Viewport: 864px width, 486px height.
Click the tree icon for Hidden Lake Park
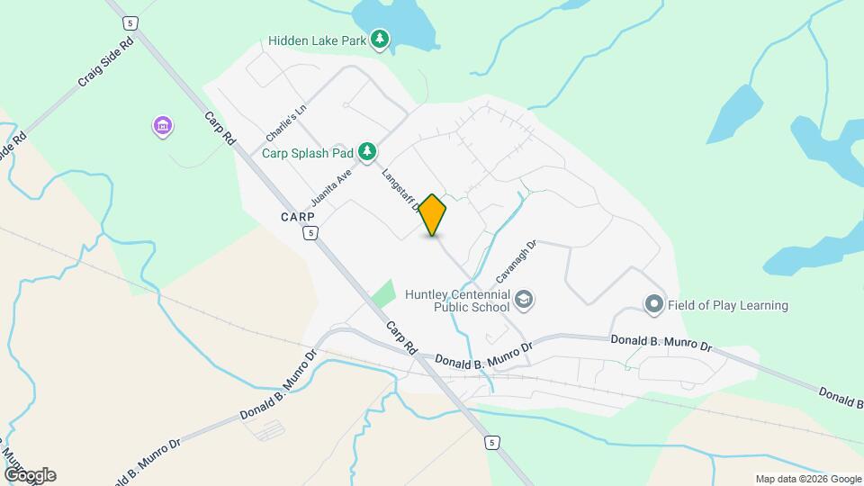(x=381, y=39)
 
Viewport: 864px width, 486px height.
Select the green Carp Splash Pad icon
(x=367, y=152)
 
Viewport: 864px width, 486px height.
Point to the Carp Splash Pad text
(x=307, y=153)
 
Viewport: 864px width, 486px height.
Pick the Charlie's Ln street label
(x=287, y=123)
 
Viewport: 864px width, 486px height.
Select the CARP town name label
(x=297, y=217)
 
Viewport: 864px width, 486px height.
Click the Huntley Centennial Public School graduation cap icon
(x=524, y=299)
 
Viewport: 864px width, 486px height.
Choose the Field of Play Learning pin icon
(x=654, y=305)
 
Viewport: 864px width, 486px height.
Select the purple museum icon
(x=162, y=127)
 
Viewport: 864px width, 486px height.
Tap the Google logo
(x=30, y=475)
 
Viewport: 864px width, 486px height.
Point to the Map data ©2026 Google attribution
(x=807, y=479)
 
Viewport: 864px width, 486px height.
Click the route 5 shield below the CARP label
(x=310, y=233)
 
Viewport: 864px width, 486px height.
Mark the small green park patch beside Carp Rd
(x=383, y=293)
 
